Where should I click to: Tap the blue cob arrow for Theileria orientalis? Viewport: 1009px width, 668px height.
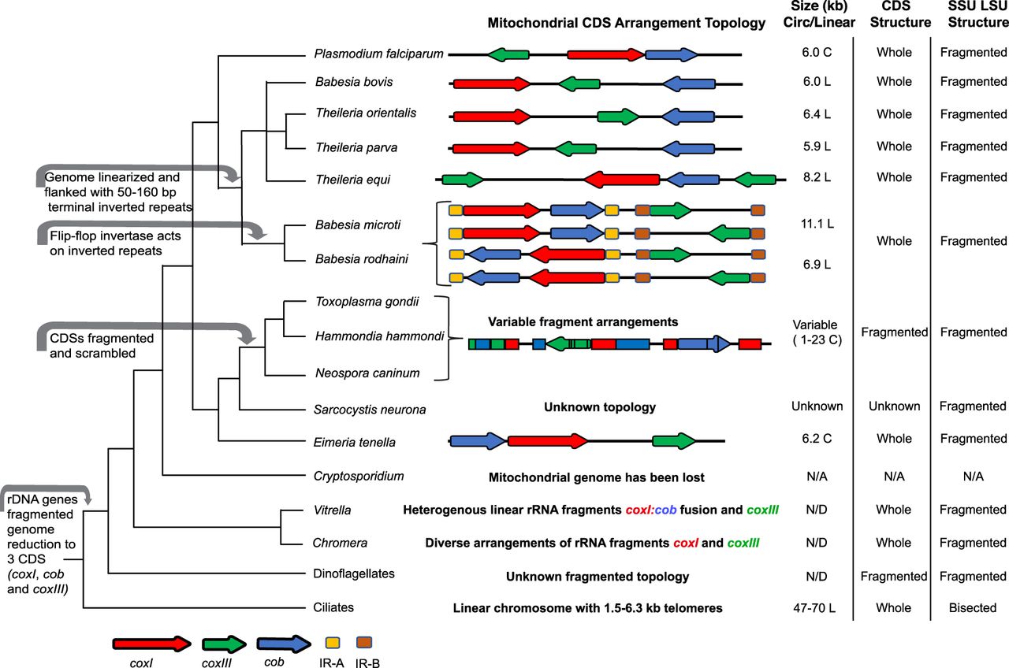click(687, 117)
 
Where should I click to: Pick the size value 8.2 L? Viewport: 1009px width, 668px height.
click(817, 177)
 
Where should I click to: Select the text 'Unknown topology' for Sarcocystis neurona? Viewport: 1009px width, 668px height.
click(600, 407)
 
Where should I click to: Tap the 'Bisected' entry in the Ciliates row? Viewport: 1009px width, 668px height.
click(973, 607)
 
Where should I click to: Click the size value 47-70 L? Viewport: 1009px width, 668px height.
click(817, 607)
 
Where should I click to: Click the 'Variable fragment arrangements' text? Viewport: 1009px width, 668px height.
click(583, 321)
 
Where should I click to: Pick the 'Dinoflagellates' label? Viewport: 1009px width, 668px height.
click(355, 574)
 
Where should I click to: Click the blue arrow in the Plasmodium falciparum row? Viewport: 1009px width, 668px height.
click(672, 54)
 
